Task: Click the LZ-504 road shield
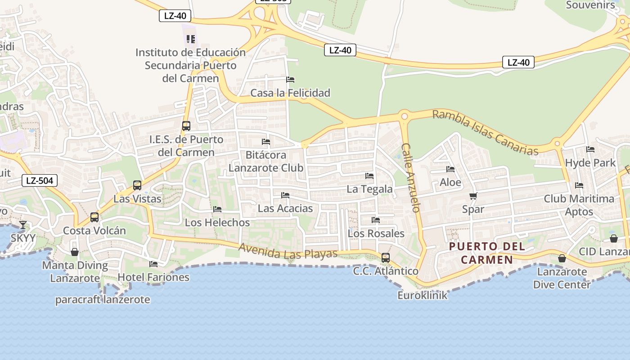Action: pyautogui.click(x=40, y=181)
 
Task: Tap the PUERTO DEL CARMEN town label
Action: pyautogui.click(x=487, y=253)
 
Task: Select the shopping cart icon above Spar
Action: pyautogui.click(x=473, y=196)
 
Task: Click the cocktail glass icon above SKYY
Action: pyautogui.click(x=23, y=225)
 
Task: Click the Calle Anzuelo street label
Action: pyautogui.click(x=411, y=177)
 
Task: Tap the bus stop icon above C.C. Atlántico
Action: pyautogui.click(x=386, y=258)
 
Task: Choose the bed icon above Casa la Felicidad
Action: pyautogui.click(x=290, y=80)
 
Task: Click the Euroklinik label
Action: pyautogui.click(x=423, y=295)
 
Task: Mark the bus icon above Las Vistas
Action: pyautogui.click(x=137, y=185)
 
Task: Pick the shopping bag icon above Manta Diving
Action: pyautogui.click(x=75, y=252)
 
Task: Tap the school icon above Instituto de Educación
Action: pyautogui.click(x=191, y=39)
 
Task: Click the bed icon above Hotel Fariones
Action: pyautogui.click(x=153, y=264)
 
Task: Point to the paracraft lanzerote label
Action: pyautogui.click(x=103, y=300)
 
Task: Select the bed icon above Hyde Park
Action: pyautogui.click(x=590, y=149)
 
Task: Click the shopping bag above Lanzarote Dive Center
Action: pyautogui.click(x=562, y=258)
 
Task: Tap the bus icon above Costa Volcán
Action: pyautogui.click(x=94, y=217)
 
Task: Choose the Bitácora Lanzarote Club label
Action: pyautogui.click(x=265, y=161)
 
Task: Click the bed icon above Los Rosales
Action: pyautogui.click(x=376, y=220)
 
